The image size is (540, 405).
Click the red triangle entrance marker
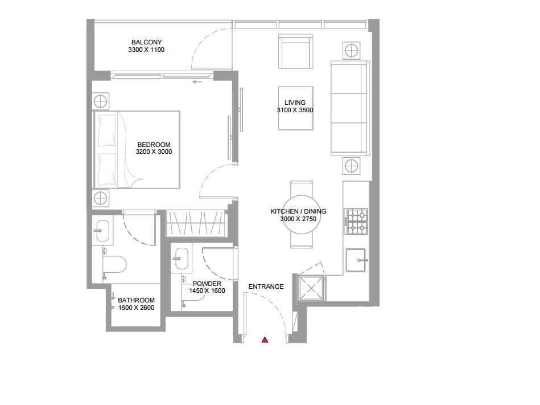pos(265,340)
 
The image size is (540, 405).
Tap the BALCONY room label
pos(146,42)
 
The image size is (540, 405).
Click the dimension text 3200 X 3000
pos(154,152)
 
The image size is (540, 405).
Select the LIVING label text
pos(295,103)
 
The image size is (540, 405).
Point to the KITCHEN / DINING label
pos(298,211)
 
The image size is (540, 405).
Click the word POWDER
pos(207,284)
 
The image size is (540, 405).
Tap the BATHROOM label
pos(136,300)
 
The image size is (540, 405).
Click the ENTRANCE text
pos(266,287)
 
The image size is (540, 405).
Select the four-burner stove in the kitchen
pos(357,222)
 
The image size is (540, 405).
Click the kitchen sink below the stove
pos(358,260)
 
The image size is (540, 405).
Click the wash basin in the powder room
pos(182,258)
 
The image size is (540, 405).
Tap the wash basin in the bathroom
pos(104,230)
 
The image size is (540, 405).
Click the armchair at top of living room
pos(296,52)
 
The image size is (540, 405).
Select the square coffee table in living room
pos(295,108)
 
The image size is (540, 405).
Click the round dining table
pos(301,215)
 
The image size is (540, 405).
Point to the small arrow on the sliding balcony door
pos(197,82)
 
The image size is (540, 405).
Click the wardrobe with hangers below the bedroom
pos(196,223)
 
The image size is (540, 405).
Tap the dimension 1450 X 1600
pos(207,291)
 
